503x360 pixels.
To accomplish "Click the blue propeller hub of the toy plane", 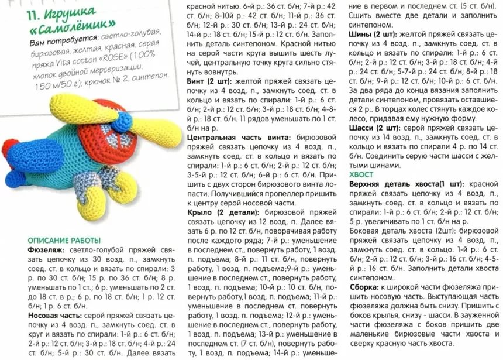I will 123,122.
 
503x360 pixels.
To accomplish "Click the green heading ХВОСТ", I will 361,174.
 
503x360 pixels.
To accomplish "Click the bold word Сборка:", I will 366,288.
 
